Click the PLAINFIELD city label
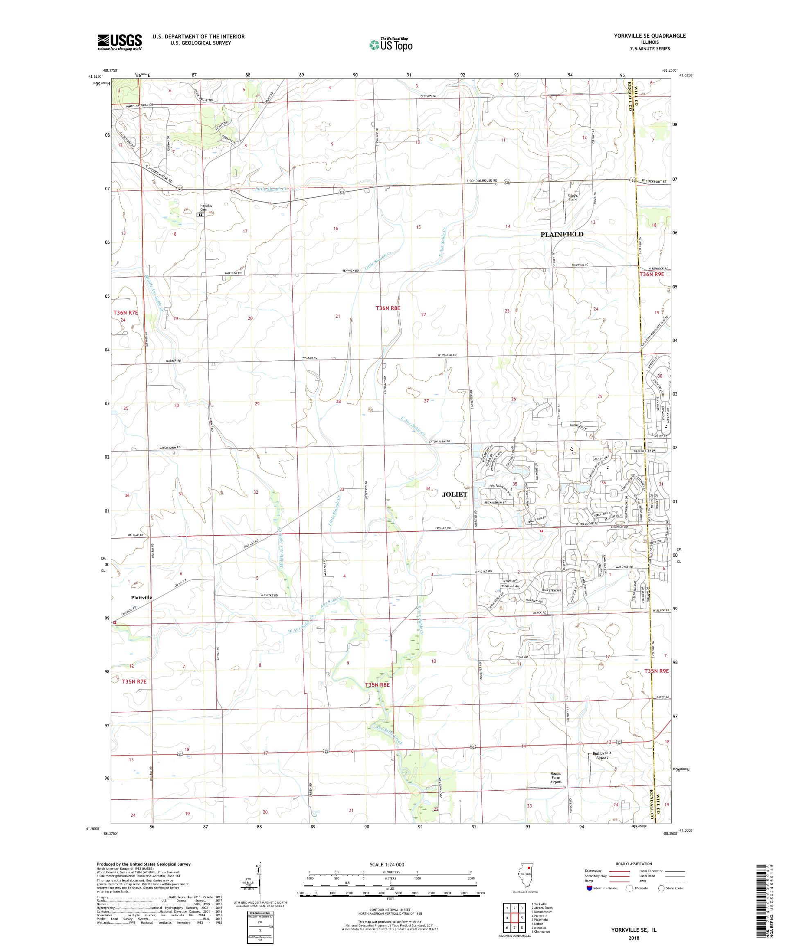click(562, 234)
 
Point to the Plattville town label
click(142, 597)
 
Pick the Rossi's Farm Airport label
click(556, 778)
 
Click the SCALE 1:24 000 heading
click(390, 864)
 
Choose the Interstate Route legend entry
click(602, 888)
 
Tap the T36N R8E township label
click(388, 308)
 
